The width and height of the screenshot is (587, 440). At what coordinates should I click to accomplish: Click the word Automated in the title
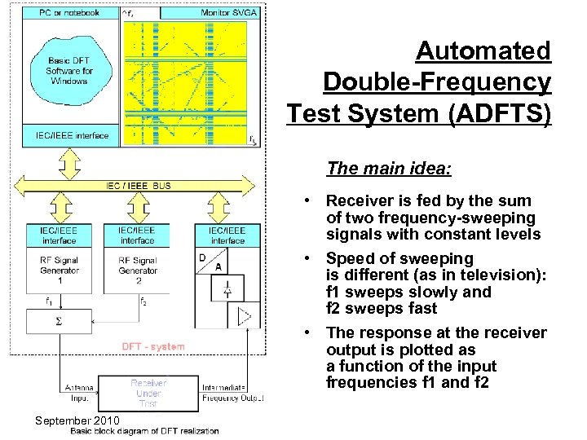[483, 51]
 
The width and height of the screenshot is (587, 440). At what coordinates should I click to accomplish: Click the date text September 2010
[77, 420]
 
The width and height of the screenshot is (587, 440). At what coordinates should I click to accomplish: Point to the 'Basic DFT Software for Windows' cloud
[70, 72]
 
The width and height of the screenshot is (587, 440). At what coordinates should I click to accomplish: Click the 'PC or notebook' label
[70, 12]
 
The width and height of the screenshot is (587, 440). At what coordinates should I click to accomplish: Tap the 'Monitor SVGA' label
[227, 12]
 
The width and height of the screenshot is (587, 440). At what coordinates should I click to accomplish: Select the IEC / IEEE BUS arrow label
[139, 186]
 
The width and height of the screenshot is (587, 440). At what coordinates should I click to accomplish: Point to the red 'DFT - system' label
[152, 346]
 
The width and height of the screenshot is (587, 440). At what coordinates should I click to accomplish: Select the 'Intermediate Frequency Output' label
[233, 393]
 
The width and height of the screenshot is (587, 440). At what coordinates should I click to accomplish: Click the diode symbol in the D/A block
[227, 288]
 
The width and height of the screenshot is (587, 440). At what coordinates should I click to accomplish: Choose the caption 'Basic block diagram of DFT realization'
[144, 431]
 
